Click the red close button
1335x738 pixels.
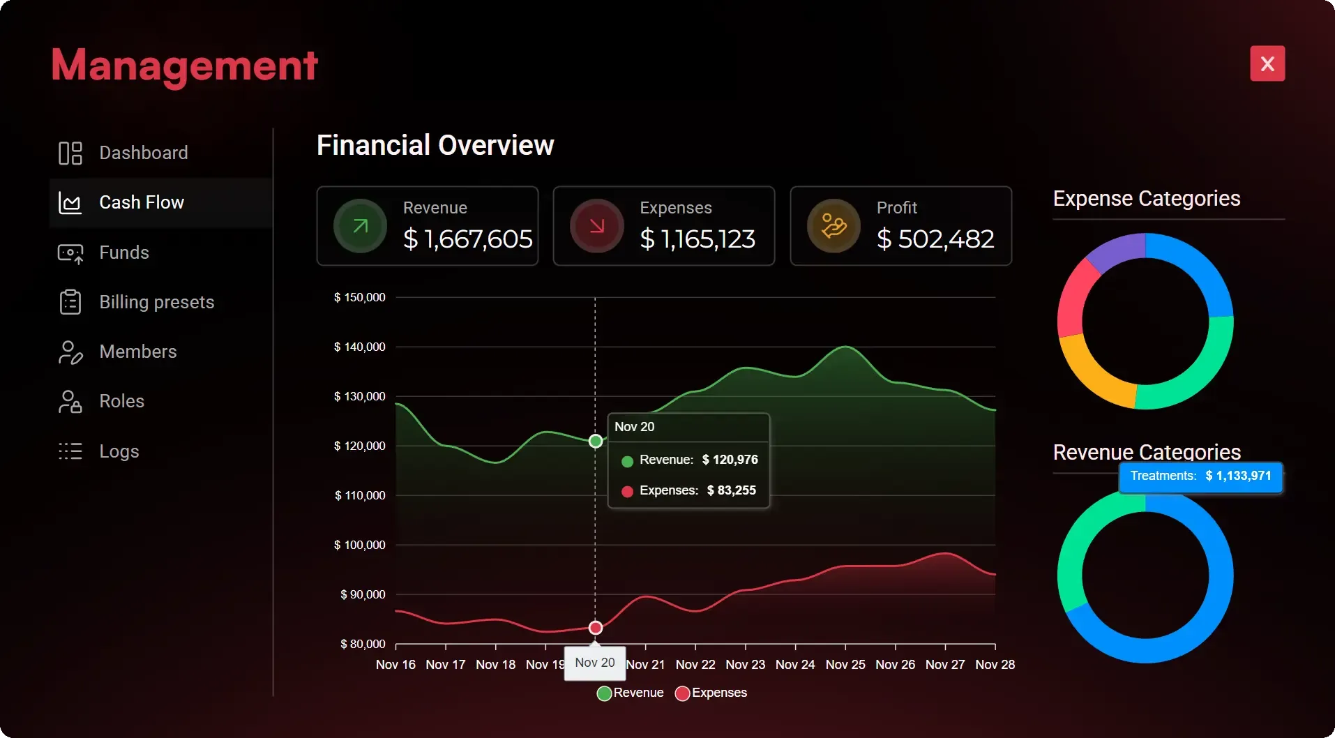point(1267,63)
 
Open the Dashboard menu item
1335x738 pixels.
point(143,153)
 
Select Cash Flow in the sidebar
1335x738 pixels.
point(142,202)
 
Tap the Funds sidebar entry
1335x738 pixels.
point(124,253)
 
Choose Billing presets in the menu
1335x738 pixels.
point(156,302)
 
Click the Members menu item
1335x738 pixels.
point(137,352)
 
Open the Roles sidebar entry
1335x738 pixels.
point(121,401)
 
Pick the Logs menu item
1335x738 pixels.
point(119,451)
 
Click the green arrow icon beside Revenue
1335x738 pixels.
point(360,226)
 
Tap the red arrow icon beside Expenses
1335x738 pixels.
point(597,226)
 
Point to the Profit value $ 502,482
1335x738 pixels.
point(935,239)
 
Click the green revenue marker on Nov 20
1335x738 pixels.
point(596,441)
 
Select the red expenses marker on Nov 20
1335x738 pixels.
point(596,628)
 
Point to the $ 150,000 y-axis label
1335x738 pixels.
point(359,297)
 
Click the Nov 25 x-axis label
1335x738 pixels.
point(845,665)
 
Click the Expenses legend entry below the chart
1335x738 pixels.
point(711,693)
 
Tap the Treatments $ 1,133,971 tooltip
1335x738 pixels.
point(1200,476)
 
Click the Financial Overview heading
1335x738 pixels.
point(435,145)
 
